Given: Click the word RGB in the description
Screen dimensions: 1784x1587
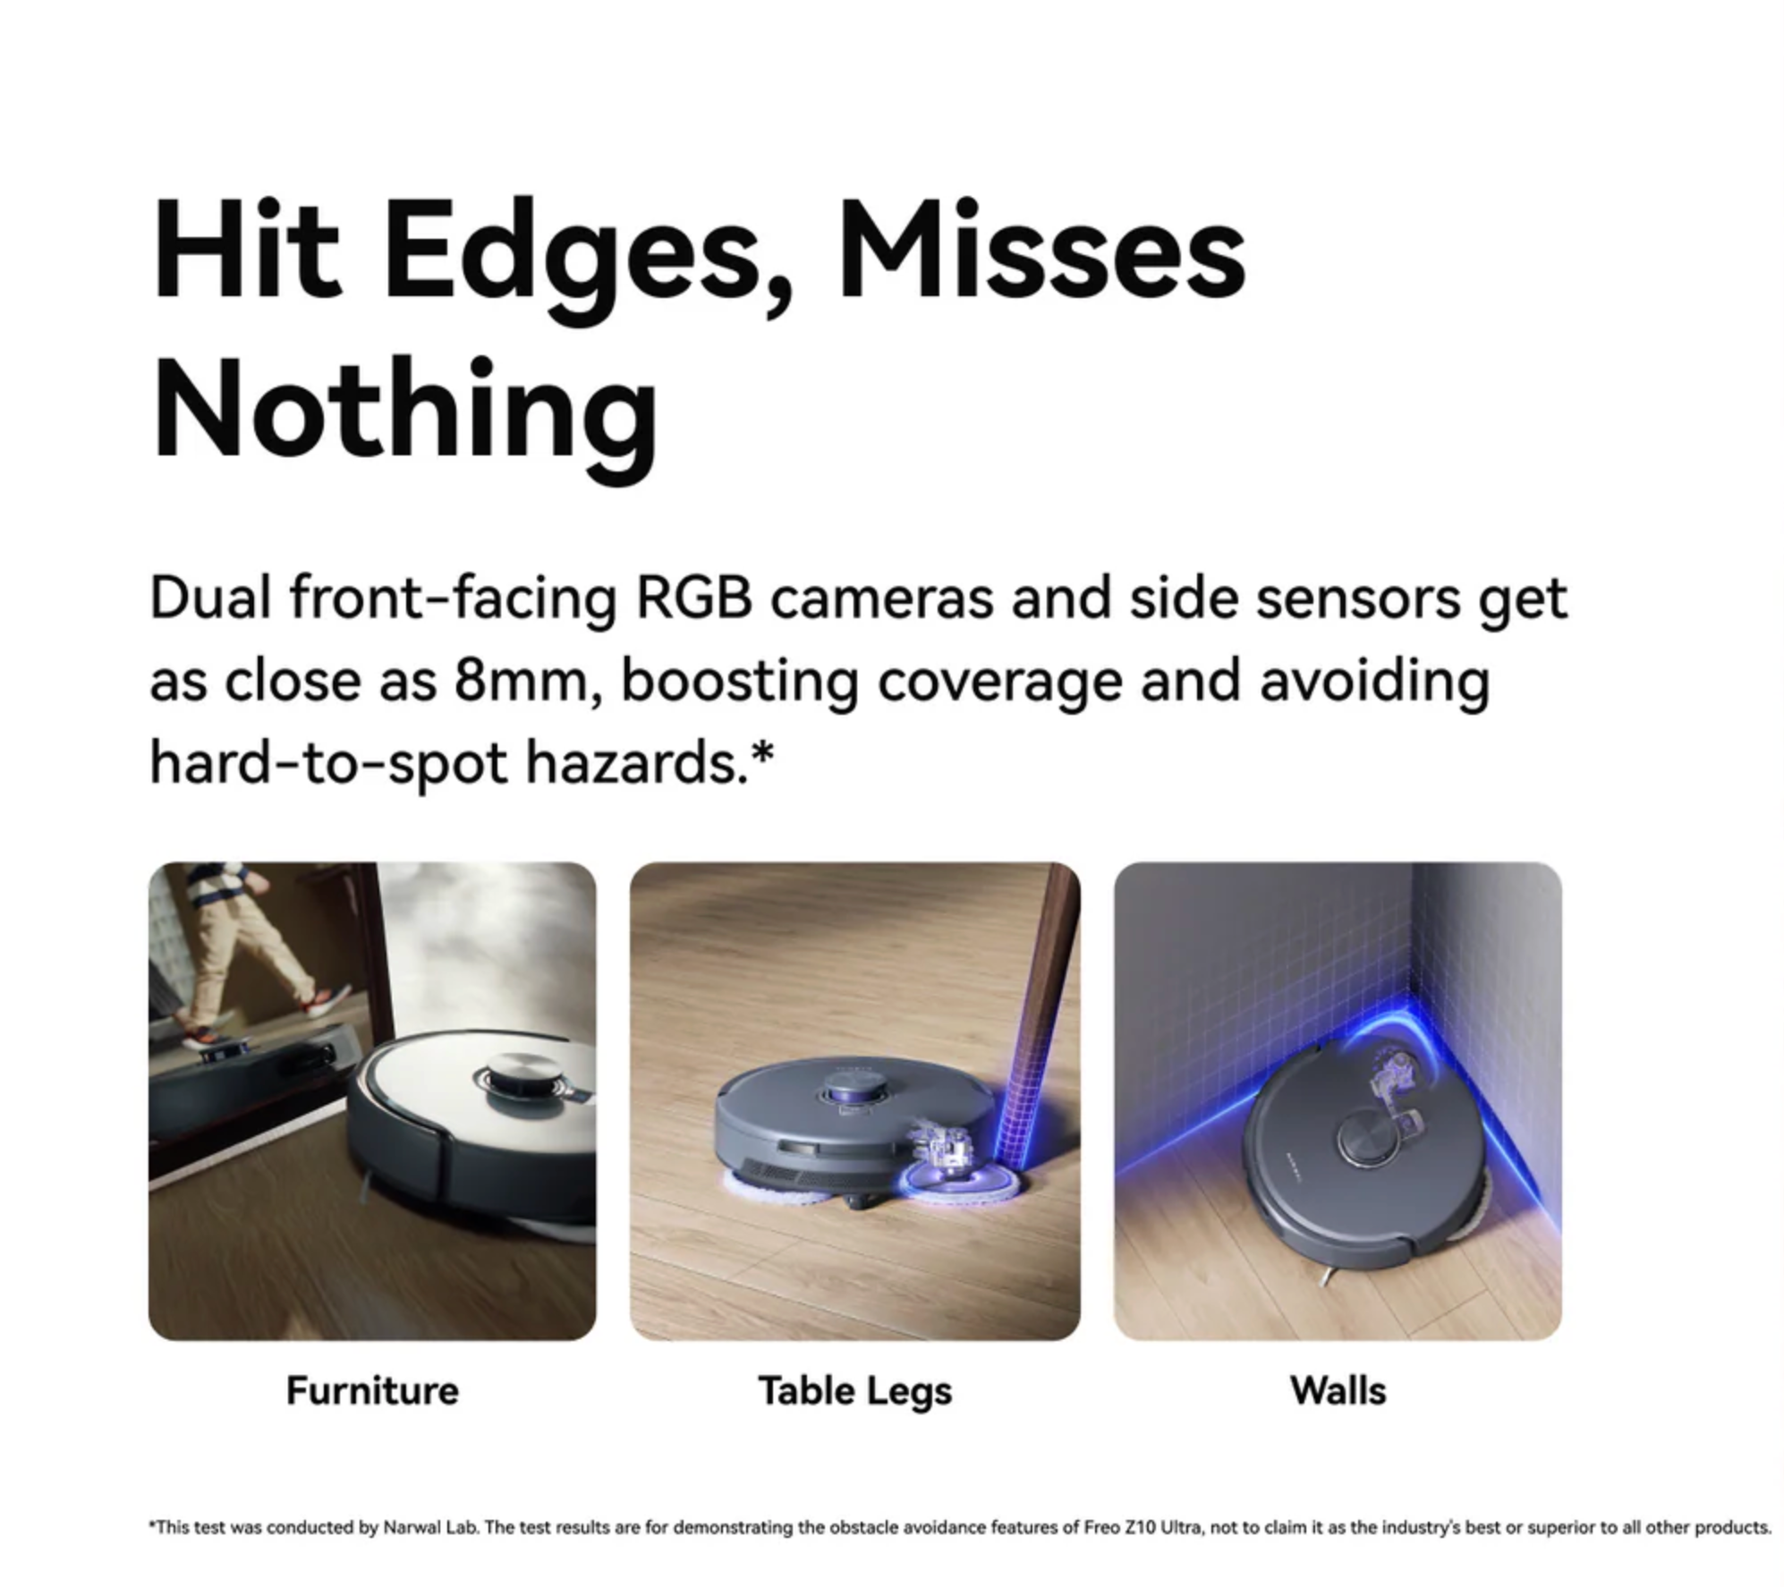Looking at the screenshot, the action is pos(693,598).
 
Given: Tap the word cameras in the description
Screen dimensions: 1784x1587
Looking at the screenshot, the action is pos(881,598).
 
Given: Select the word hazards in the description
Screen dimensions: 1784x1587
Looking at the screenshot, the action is pos(636,762).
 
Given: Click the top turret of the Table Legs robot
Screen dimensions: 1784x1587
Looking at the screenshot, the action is pos(854,1089).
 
